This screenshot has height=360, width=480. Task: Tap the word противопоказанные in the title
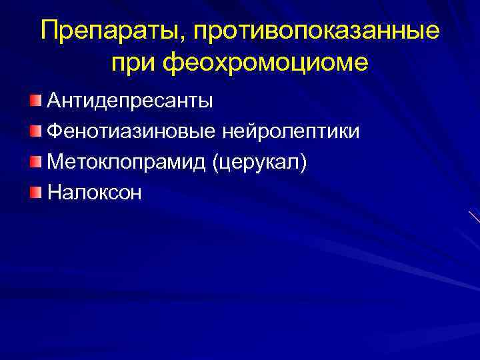(309, 33)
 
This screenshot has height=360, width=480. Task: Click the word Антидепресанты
(130, 102)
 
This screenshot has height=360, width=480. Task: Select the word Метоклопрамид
(126, 162)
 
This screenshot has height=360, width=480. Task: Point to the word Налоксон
(95, 192)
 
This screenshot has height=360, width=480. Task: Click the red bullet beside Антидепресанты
(36, 101)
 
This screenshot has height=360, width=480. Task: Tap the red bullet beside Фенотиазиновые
(36, 131)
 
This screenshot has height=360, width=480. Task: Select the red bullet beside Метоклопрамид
(36, 161)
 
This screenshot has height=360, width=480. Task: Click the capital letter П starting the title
(50, 31)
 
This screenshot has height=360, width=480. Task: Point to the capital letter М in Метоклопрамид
(57, 162)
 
